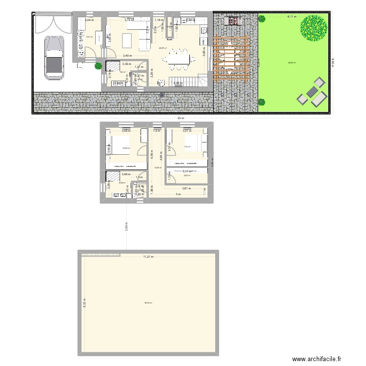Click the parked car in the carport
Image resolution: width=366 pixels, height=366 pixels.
point(54,57)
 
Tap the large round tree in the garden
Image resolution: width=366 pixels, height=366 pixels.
point(313,27)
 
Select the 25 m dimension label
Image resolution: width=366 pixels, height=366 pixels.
point(181,119)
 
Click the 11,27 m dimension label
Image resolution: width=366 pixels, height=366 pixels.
point(148,257)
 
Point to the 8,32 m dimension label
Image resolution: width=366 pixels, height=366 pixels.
point(83,303)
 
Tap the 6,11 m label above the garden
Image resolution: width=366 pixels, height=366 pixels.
point(292,17)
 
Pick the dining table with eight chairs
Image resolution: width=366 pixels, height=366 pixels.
point(179,59)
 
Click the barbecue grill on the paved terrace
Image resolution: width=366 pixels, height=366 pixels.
point(233,20)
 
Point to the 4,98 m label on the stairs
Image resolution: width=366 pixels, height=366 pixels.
point(178,83)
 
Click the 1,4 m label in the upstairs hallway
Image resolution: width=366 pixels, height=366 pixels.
point(157,131)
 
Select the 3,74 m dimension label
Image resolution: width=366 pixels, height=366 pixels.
point(128,20)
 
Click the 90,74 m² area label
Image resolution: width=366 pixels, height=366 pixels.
point(147,303)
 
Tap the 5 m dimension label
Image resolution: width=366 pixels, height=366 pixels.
point(178,194)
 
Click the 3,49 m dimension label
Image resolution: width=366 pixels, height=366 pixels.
point(127,56)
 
